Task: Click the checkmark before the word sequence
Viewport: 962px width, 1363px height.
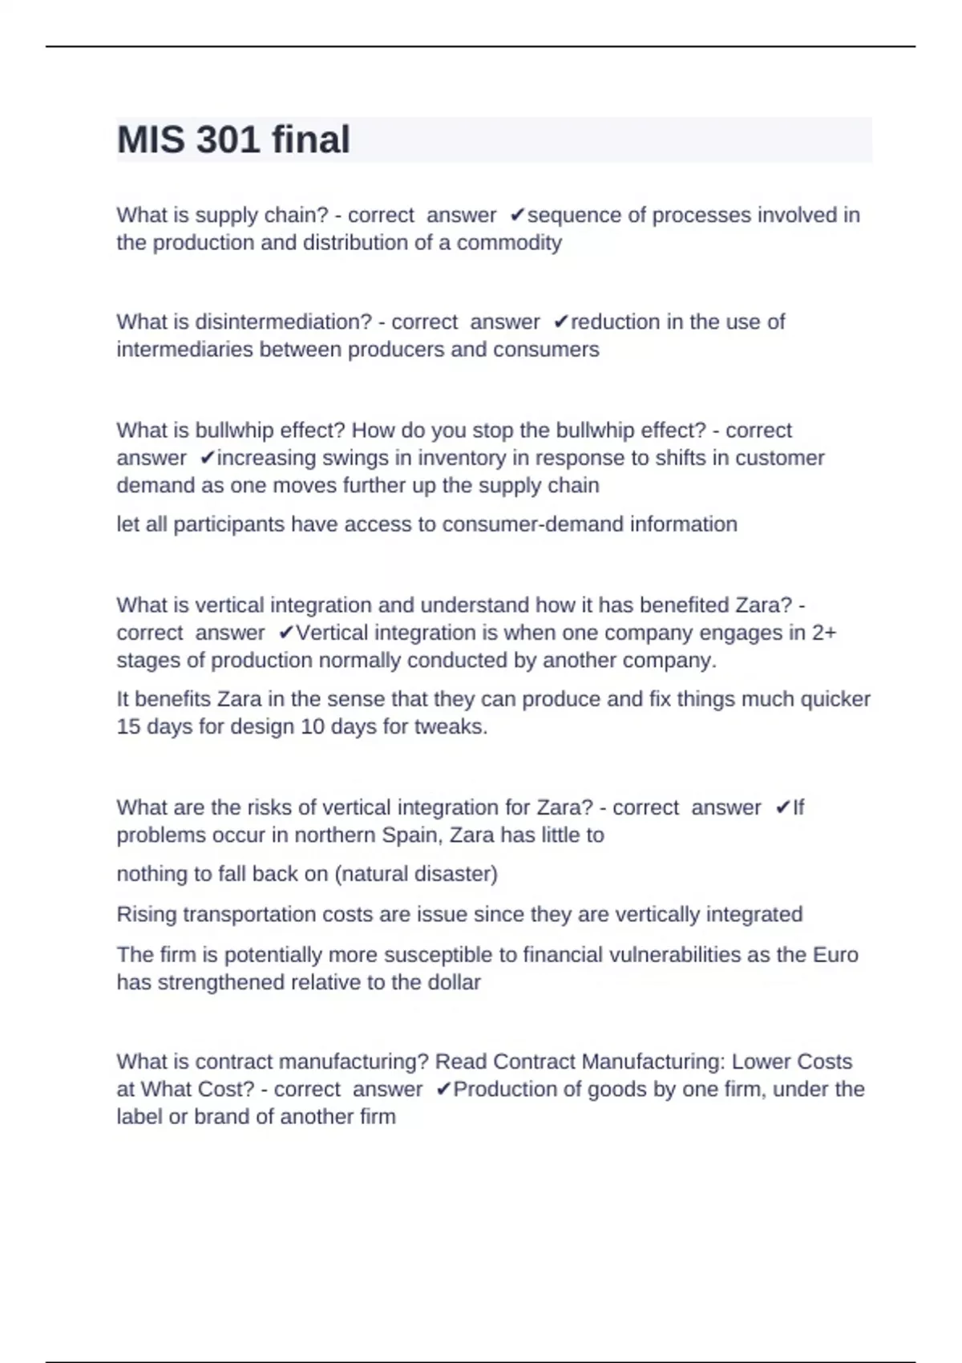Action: (517, 215)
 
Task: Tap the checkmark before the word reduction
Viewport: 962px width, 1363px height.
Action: (560, 322)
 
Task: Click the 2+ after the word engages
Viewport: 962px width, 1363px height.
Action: (824, 633)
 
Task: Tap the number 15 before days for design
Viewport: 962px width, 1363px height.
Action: (127, 726)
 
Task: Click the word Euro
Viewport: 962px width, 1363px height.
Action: (835, 955)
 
